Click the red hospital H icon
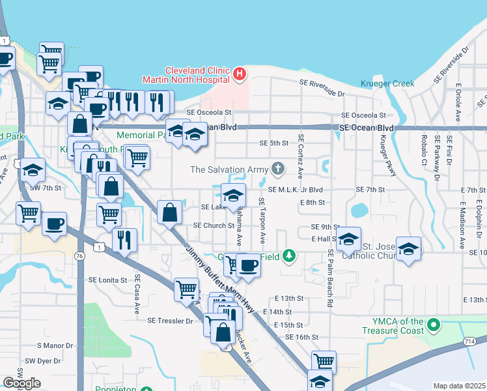click(x=239, y=75)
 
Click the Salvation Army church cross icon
click(x=278, y=169)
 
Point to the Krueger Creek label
click(x=387, y=83)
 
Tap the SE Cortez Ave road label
click(x=300, y=157)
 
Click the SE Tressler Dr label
click(x=170, y=321)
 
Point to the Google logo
click(x=21, y=383)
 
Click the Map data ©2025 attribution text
click(x=459, y=386)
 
